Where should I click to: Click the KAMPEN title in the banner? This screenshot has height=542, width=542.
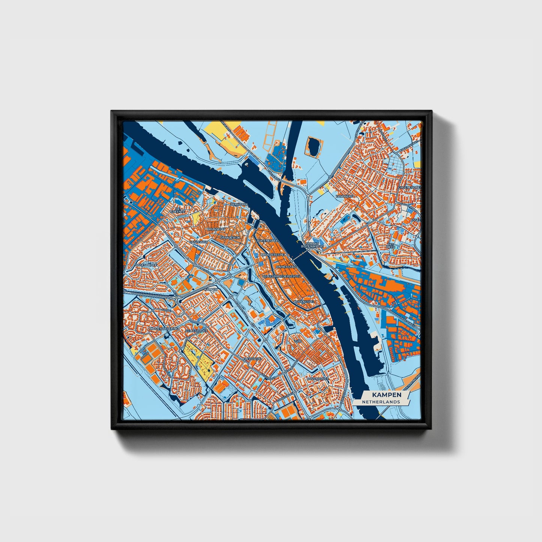(381, 395)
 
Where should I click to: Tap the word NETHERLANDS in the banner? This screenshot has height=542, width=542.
(381, 402)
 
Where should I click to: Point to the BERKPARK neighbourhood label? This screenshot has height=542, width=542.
(240, 204)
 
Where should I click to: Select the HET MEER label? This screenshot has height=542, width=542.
(391, 246)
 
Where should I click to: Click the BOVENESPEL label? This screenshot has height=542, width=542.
(303, 301)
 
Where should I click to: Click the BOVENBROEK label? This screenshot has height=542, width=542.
(317, 379)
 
